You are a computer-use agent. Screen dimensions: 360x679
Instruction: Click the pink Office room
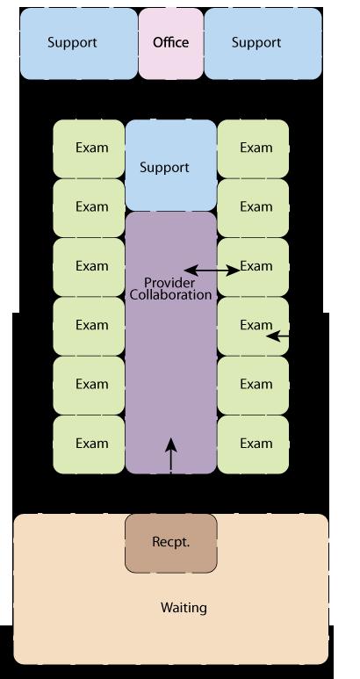pos(171,43)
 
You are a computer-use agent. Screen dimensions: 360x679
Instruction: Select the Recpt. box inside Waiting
pos(171,544)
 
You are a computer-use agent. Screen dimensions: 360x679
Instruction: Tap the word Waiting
pos(184,608)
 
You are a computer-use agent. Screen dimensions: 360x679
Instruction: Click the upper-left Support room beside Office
pos(79,43)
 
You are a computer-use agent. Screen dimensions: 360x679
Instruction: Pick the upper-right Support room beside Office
pos(263,43)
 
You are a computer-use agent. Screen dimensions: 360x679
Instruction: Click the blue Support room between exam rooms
pos(171,165)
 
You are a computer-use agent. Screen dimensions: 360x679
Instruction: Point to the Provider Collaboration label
pos(171,289)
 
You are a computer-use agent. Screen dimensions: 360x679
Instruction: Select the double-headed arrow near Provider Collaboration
pos(212,271)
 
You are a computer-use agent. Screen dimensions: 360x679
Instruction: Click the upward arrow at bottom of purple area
pos(171,456)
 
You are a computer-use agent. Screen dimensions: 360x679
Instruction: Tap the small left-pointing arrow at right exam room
pos(277,336)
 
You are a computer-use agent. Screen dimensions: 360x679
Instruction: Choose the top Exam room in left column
pos(89,148)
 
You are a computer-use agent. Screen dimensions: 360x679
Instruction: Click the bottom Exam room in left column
pos(89,444)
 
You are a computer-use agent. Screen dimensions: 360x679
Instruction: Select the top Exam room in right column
pos(253,148)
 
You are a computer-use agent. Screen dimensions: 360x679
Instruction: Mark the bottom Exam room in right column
pos(253,444)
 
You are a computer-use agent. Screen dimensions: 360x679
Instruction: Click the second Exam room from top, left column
pos(89,208)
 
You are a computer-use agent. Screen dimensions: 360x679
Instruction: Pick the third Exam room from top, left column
pos(89,267)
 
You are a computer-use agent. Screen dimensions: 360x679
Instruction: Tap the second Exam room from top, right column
pos(253,208)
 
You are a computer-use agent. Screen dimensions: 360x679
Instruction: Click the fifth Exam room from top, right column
pos(253,386)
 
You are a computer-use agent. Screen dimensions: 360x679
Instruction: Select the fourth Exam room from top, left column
pos(89,326)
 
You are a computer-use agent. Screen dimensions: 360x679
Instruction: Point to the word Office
pos(171,42)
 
